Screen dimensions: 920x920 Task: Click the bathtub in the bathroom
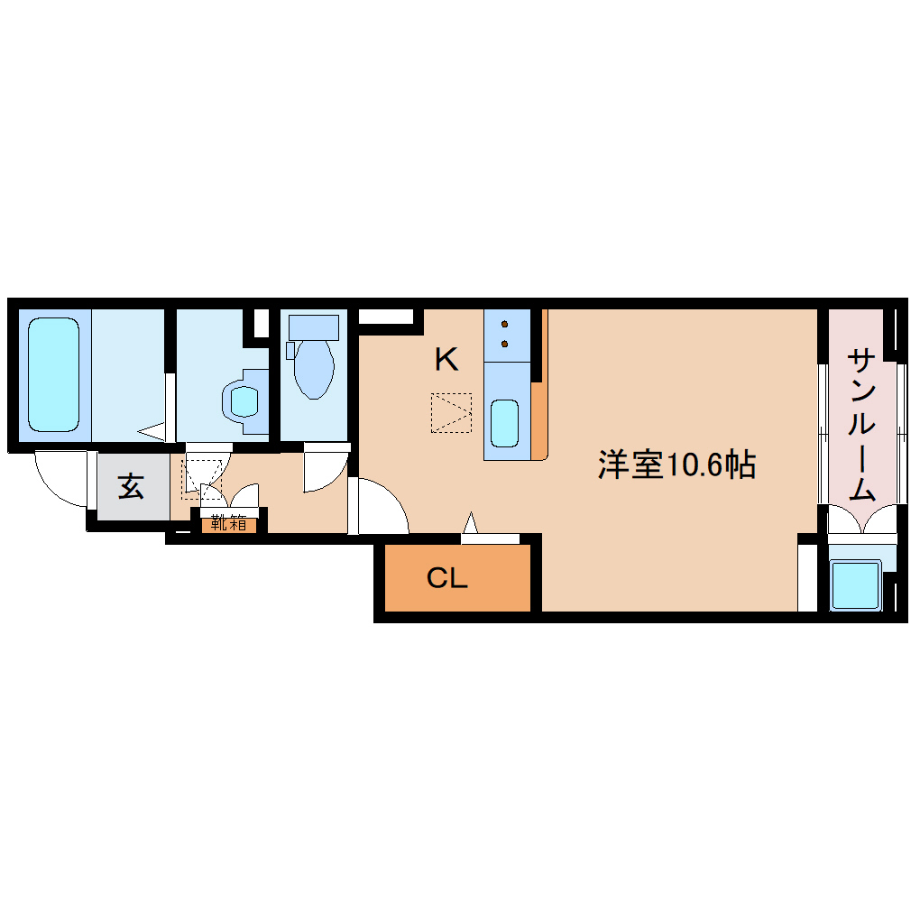click(x=52, y=373)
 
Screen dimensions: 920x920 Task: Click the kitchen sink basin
click(x=504, y=423)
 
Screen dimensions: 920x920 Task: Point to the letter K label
click(x=446, y=361)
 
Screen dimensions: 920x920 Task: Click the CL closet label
click(x=447, y=578)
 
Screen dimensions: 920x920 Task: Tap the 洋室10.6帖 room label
click(x=676, y=464)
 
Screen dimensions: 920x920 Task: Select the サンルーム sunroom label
click(x=862, y=424)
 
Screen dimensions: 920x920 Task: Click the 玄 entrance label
click(x=131, y=487)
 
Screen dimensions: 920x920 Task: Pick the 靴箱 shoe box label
click(x=229, y=522)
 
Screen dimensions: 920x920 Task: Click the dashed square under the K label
click(x=452, y=412)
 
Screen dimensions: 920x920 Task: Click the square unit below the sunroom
click(x=855, y=585)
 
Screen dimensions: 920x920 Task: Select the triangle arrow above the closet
click(x=469, y=524)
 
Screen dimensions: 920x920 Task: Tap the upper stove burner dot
click(x=504, y=324)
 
